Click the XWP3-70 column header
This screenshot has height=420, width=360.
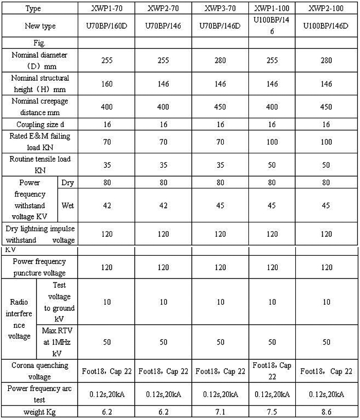point(221,9)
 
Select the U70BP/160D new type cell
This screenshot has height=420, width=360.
point(106,25)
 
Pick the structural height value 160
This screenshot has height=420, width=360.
point(106,84)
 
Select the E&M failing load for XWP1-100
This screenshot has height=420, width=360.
point(273,141)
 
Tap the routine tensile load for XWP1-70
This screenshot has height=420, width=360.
point(106,165)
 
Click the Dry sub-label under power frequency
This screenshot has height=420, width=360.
point(68,183)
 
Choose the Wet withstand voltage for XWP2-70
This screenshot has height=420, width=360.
point(163,206)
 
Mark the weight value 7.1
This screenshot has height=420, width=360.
point(221,412)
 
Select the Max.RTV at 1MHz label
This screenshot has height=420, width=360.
point(57,342)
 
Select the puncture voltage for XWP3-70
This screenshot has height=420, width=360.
point(221,268)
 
